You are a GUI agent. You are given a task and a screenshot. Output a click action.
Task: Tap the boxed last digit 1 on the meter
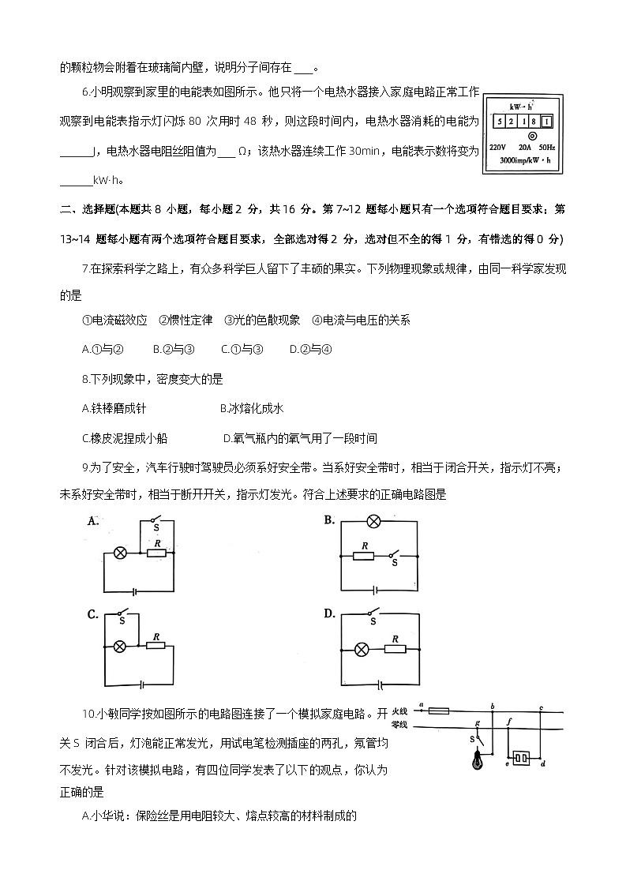[x=546, y=122]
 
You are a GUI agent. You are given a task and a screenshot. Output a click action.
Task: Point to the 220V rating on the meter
[x=497, y=148]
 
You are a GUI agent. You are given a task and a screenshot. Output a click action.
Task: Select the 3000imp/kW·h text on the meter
[x=525, y=161]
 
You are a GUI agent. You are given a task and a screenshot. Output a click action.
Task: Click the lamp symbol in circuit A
[x=120, y=553]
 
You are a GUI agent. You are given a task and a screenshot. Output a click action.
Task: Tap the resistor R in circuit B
[x=365, y=556]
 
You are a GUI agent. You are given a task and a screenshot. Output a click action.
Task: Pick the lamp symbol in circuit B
[x=375, y=521]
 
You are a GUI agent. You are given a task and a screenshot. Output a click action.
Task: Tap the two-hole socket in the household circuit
[x=520, y=759]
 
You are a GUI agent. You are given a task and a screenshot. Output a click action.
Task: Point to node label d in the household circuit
[x=544, y=764]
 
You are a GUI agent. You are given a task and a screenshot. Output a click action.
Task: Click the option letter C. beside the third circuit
[x=92, y=614]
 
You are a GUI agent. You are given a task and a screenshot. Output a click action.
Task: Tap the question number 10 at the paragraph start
[x=88, y=714]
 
